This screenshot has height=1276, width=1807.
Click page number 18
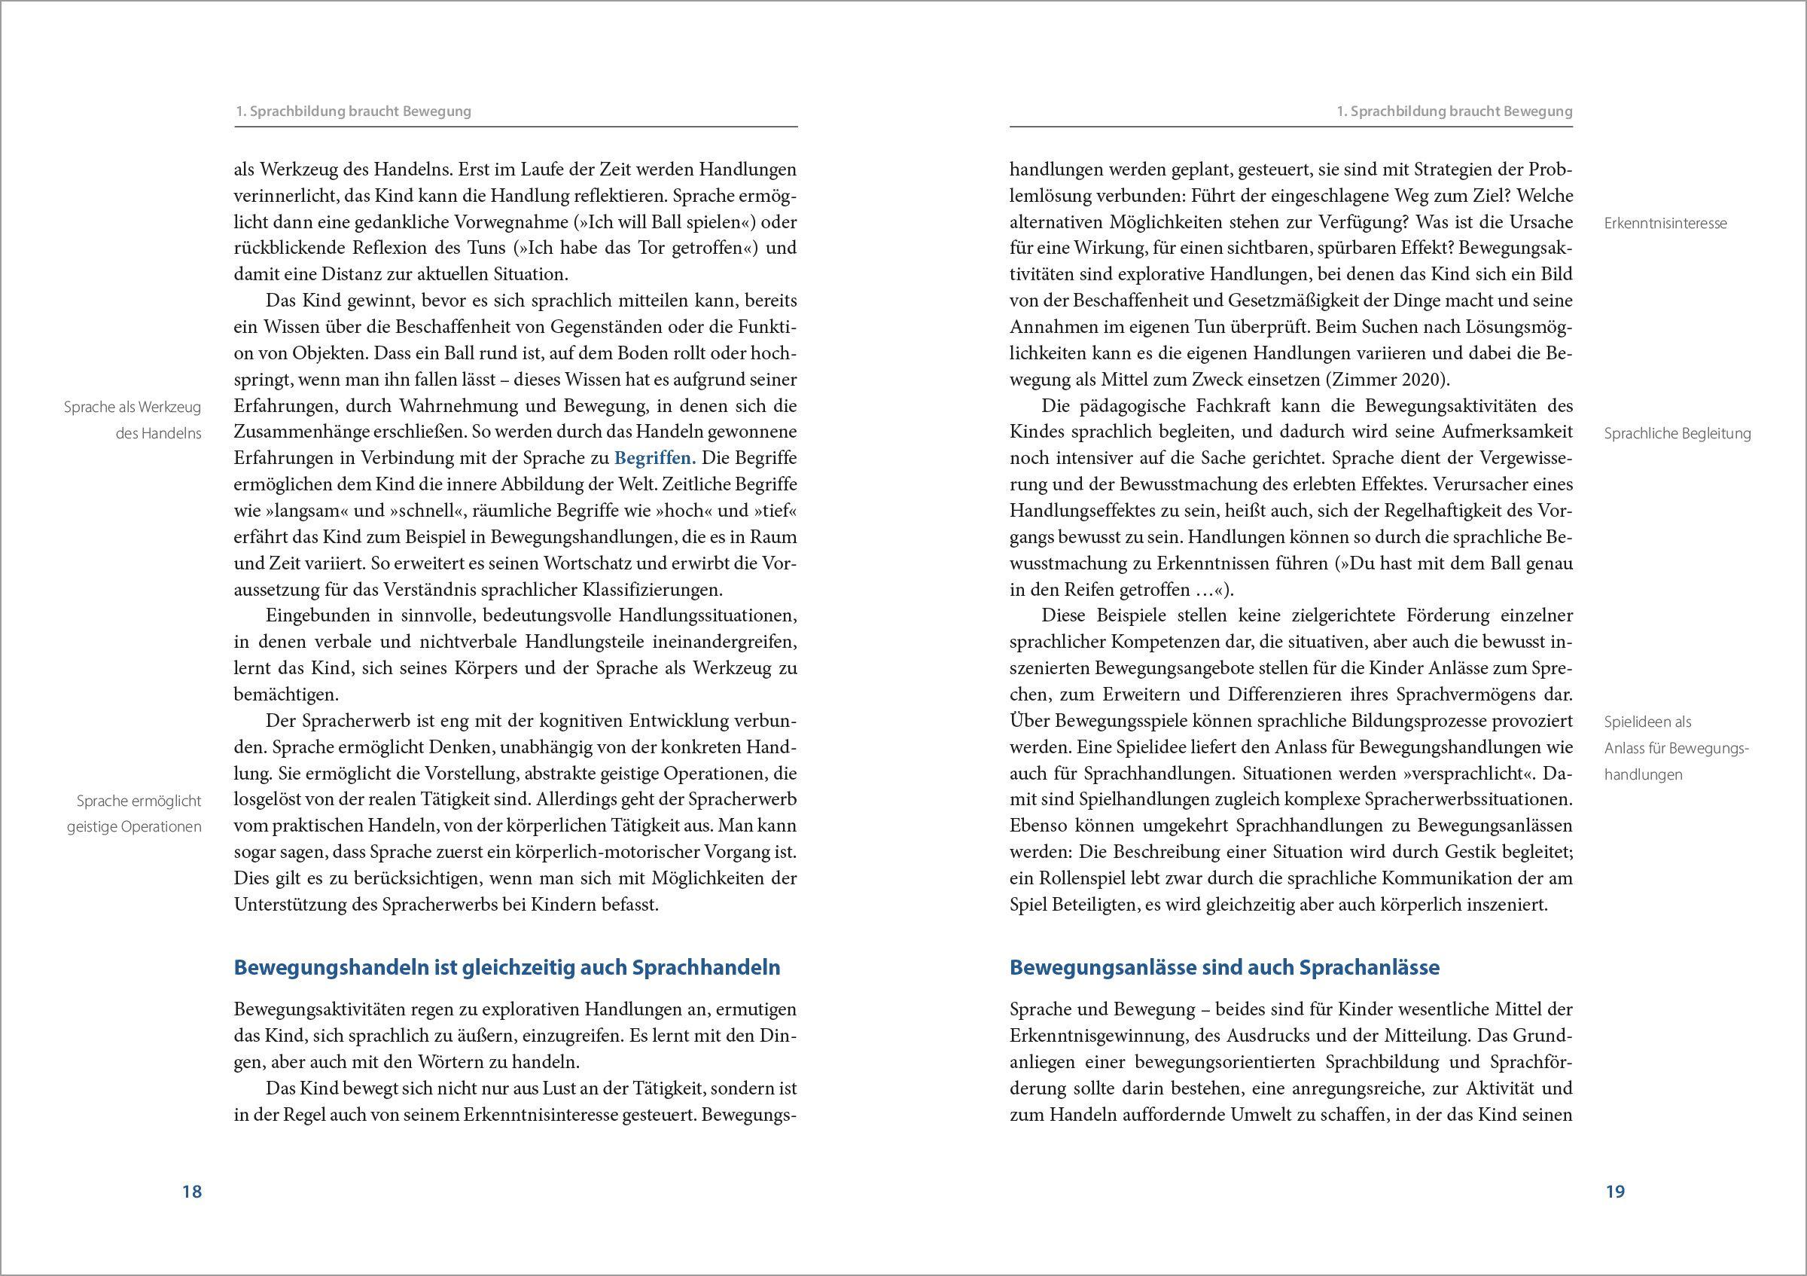pos(192,1191)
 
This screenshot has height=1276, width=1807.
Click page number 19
pos(1615,1191)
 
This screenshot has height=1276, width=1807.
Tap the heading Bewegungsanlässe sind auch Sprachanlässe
pos(1223,967)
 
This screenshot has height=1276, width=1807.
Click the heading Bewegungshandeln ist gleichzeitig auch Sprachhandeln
pos(507,967)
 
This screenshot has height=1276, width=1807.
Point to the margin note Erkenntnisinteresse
pos(1665,223)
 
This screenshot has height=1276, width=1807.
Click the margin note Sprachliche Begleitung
pos(1677,433)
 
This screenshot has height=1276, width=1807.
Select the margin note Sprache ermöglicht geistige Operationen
pos(135,814)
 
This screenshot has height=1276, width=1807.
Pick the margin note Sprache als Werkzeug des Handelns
pos(133,420)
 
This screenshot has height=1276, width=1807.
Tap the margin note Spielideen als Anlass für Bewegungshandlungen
pos(1675,748)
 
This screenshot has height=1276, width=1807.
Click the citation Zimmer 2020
pos(1385,380)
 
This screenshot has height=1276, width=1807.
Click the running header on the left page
pos(353,111)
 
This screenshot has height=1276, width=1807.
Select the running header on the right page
pos(1455,111)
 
